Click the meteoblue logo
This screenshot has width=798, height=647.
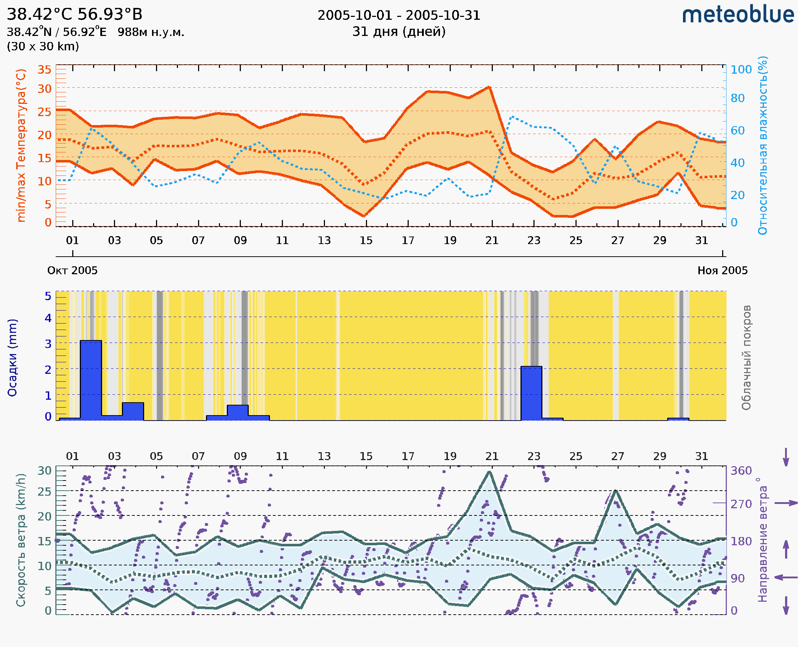click(738, 15)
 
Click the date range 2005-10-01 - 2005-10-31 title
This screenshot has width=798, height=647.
click(399, 15)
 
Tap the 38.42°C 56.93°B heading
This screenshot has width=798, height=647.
click(74, 14)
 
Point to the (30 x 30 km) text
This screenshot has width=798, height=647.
click(43, 46)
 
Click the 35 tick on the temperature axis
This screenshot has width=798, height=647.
click(44, 70)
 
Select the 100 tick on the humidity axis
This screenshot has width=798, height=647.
click(741, 70)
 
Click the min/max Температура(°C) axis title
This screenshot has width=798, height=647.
click(21, 145)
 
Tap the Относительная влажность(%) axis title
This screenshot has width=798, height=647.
click(762, 145)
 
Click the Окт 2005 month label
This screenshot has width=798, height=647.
click(72, 270)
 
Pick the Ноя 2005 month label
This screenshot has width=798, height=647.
click(723, 270)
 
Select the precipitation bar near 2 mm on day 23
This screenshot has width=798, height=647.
click(531, 393)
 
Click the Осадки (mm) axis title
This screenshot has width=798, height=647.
click(12, 358)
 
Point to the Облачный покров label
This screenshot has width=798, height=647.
click(746, 358)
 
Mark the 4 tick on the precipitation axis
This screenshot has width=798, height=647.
click(48, 318)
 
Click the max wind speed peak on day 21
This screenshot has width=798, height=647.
click(489, 472)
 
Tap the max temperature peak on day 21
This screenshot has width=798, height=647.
click(489, 87)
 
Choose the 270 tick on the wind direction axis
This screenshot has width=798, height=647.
click(741, 504)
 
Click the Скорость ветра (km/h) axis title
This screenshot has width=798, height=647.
click(21, 540)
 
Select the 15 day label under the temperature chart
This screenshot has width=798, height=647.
click(366, 240)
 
